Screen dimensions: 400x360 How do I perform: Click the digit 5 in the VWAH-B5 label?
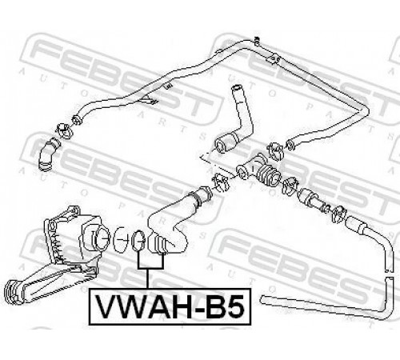[234, 306]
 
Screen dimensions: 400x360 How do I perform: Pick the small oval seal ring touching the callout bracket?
[138, 241]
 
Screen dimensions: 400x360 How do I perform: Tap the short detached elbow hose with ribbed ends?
[48, 154]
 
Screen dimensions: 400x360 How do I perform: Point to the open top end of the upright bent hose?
[236, 87]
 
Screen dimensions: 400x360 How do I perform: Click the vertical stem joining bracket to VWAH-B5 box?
[147, 278]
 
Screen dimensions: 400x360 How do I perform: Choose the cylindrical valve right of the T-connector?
[308, 198]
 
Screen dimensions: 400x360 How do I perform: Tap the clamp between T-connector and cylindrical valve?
[290, 186]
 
